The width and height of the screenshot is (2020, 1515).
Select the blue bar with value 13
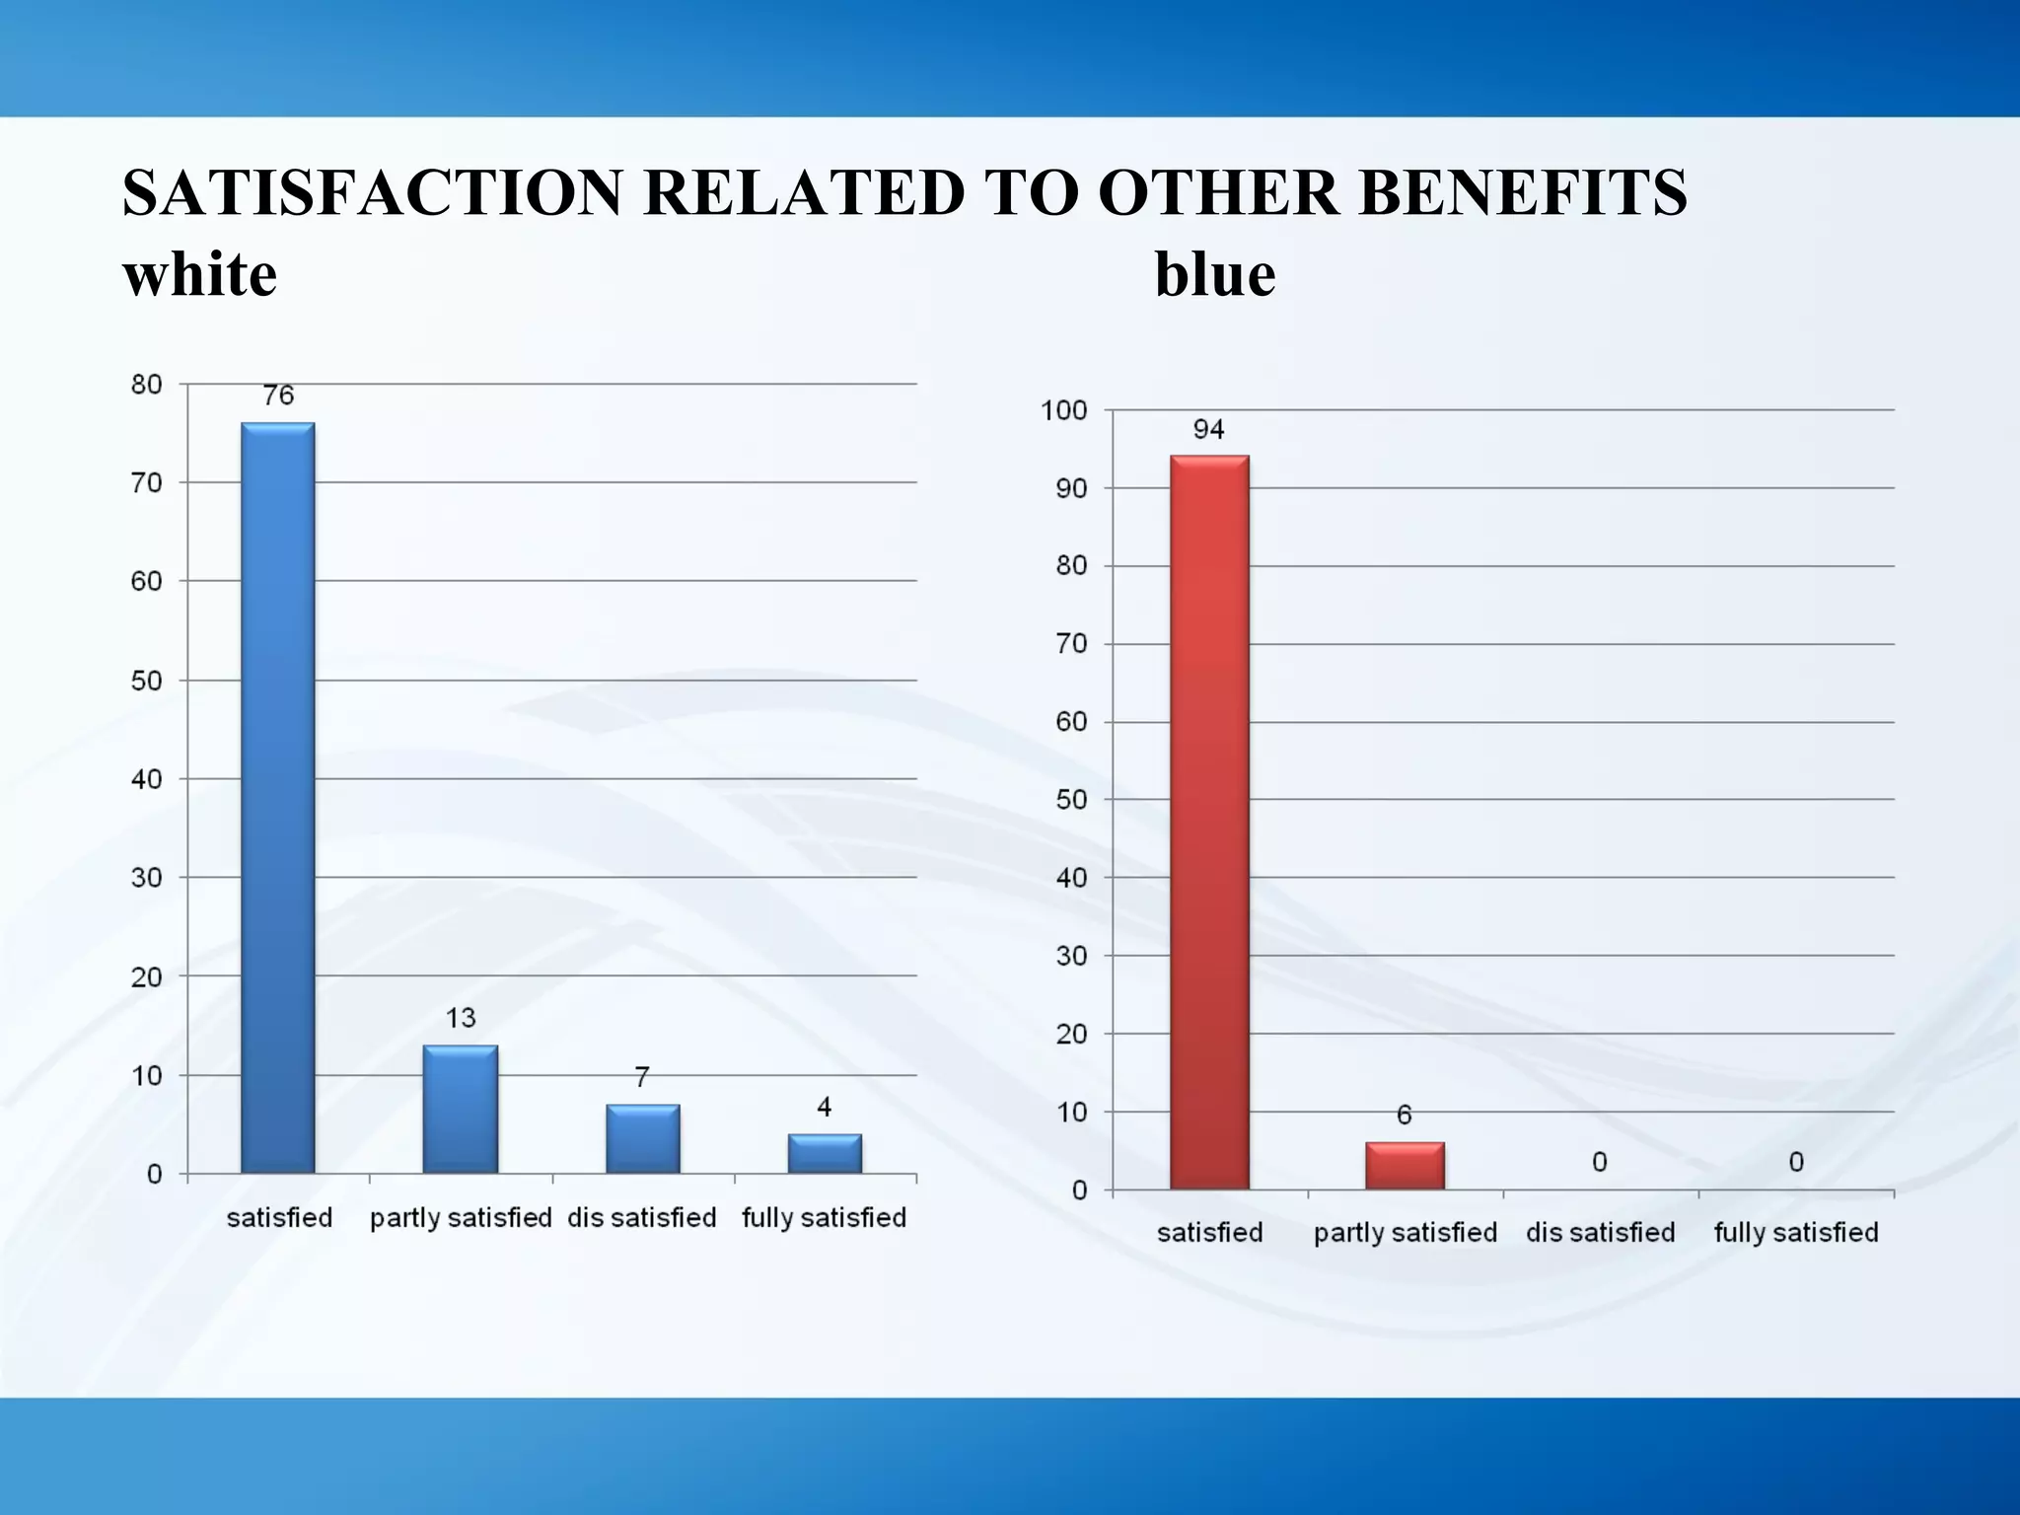pos(460,1109)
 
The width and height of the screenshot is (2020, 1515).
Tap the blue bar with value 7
pos(642,1138)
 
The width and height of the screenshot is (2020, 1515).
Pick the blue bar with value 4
pos(825,1153)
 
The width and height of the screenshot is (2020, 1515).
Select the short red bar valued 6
pos(1405,1165)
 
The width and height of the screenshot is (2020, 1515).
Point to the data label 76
pos(278,396)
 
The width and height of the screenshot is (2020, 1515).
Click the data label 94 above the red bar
pos(1208,429)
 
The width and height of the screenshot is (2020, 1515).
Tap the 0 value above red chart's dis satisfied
pos(1600,1162)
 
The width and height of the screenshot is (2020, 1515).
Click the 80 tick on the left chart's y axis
pos(147,385)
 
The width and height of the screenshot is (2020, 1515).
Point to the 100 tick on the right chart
pos(1063,410)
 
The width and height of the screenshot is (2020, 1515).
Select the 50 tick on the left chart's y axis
pos(147,681)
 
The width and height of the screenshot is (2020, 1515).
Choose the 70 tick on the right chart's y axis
pos(1071,644)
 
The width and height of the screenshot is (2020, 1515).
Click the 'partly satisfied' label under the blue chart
pos(461,1218)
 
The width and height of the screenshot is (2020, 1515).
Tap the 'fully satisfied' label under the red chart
pos(1796,1233)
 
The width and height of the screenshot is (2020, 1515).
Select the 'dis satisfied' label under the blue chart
pos(642,1218)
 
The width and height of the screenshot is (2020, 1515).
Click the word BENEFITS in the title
pos(1523,192)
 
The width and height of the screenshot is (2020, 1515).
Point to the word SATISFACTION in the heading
pos(373,192)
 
